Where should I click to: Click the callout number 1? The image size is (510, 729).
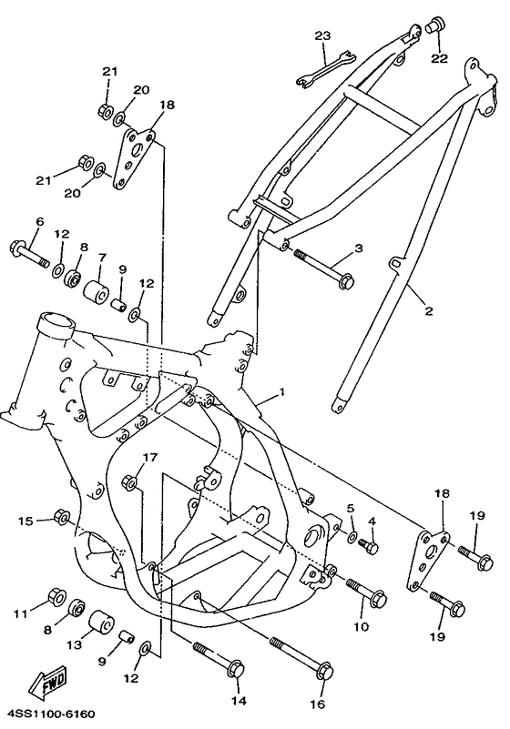[x=282, y=390]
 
